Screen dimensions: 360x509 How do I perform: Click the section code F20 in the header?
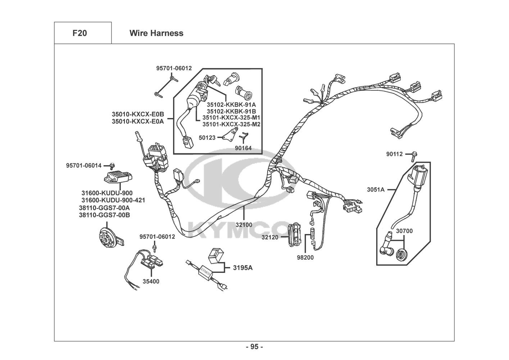coord(79,33)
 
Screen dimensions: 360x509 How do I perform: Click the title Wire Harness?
coord(156,33)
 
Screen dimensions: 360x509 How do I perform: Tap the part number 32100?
coord(244,225)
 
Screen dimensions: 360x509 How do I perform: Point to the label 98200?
coord(305,257)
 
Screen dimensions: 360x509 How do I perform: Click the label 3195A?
coord(243,267)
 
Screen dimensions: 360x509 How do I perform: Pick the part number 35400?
coord(151,281)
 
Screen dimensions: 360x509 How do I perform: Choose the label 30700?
coord(404,231)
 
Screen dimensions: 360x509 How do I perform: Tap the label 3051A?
coord(376,189)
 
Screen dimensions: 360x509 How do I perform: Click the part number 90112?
coord(395,154)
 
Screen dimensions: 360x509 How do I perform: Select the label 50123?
coord(207,137)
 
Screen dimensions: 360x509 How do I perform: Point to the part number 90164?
coord(244,148)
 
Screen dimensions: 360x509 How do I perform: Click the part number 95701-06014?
coord(84,165)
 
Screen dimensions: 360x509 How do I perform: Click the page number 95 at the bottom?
coord(254,347)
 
